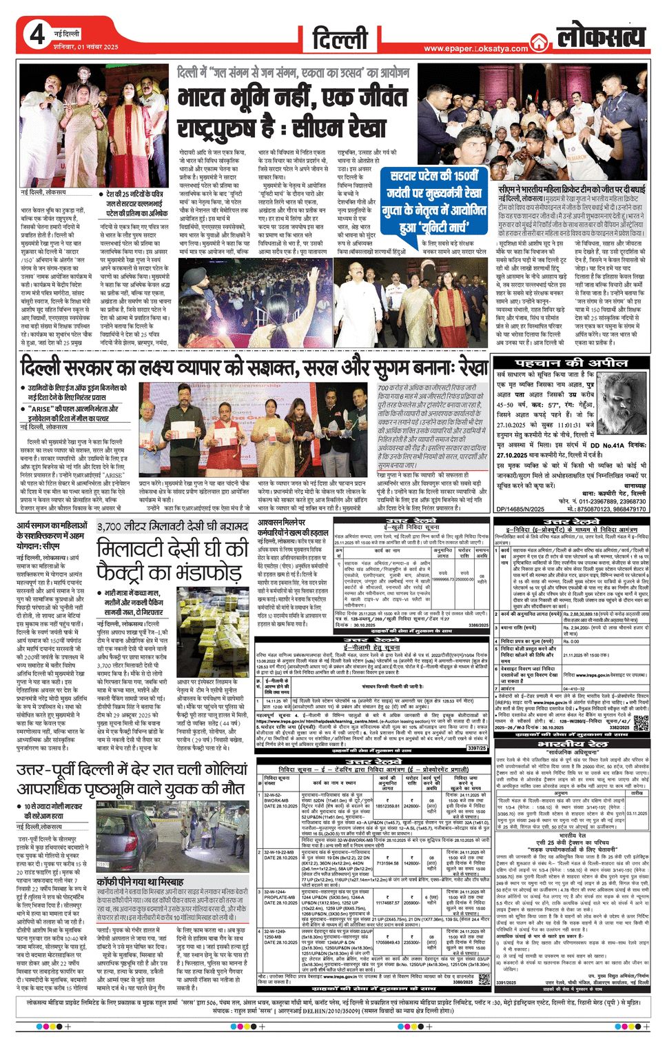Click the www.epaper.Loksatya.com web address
tap(475, 48)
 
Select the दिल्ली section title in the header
tap(341, 39)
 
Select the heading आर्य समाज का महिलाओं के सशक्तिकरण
tap(52, 535)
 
